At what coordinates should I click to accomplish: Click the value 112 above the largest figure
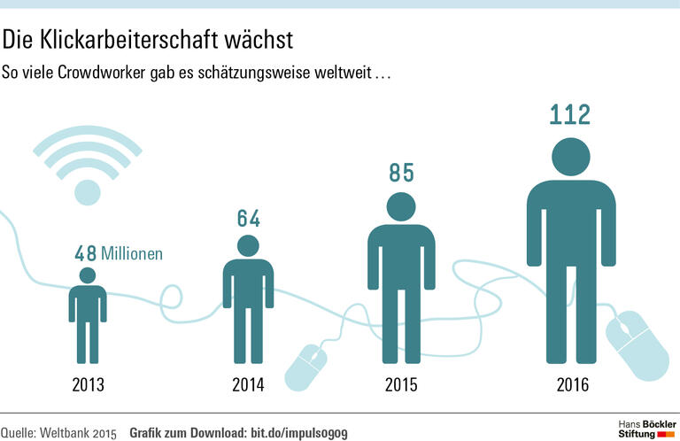[x=570, y=115]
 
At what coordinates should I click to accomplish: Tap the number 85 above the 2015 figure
[x=402, y=173]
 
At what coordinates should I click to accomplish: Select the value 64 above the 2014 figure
[x=249, y=218]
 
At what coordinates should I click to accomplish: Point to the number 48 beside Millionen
[x=85, y=254]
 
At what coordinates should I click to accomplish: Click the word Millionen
[x=132, y=254]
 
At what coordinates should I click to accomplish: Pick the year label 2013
[x=88, y=385]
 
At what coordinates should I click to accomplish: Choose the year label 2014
[x=248, y=385]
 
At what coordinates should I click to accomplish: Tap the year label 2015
[x=401, y=385]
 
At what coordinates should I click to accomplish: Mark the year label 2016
[x=572, y=385]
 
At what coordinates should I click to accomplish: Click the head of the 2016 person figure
[x=571, y=157]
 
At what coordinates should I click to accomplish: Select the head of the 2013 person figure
[x=88, y=275]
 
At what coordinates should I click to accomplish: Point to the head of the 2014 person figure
[x=248, y=245]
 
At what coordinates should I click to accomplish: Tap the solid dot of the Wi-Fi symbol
[x=88, y=190]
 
